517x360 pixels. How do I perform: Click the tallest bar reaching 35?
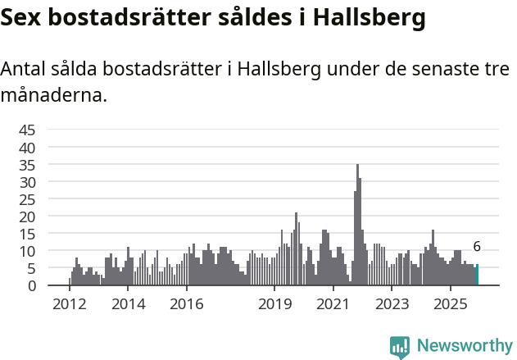[357, 226]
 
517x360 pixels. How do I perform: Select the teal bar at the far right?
[477, 275]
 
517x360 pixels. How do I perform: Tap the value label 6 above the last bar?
[477, 247]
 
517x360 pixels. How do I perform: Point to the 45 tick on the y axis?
[27, 130]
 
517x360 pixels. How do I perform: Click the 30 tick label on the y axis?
[27, 182]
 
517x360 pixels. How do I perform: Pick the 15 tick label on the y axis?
[27, 234]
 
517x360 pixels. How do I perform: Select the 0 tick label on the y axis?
[31, 285]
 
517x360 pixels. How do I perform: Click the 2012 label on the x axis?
[70, 303]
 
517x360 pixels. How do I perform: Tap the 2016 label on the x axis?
[187, 303]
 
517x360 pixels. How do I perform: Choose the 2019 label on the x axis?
[274, 303]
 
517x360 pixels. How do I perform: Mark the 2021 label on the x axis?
[333, 303]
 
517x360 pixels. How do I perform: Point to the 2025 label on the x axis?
[451, 303]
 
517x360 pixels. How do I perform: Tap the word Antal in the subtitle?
[25, 70]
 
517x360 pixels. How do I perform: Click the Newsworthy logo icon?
[400, 347]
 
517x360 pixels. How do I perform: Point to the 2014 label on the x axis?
[129, 303]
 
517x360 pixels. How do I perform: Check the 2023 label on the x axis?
[392, 303]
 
